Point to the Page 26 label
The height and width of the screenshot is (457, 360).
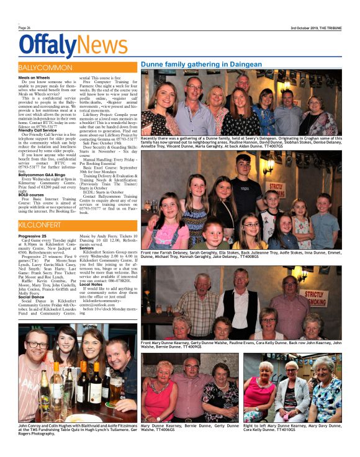[24, 28]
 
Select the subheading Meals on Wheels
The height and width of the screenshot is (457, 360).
[34, 78]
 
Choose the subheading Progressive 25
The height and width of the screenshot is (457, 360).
[33, 236]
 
